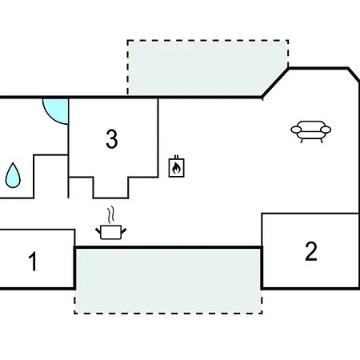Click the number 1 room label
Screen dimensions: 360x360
pos(33,262)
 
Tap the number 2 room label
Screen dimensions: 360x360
pos(311,251)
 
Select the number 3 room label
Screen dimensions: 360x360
pos(112,139)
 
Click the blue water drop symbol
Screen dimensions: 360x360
pos(13,175)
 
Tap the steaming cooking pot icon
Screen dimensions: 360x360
pos(110,223)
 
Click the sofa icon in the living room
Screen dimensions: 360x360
pos(311,132)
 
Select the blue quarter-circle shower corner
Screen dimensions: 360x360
pos(58,110)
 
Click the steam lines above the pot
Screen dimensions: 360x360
pos(111,214)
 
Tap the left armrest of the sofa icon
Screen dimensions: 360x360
pos(296,130)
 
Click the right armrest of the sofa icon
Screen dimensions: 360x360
pos(326,130)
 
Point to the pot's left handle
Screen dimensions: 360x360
pos(98,230)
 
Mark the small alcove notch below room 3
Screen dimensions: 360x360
pos(111,187)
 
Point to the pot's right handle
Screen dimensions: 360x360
pos(123,230)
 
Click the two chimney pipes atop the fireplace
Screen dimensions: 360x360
pos(176,157)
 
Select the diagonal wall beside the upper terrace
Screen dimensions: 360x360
pos(275,83)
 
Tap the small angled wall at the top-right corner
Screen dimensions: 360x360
pos(354,75)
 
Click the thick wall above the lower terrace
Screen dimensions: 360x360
pos(168,247)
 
